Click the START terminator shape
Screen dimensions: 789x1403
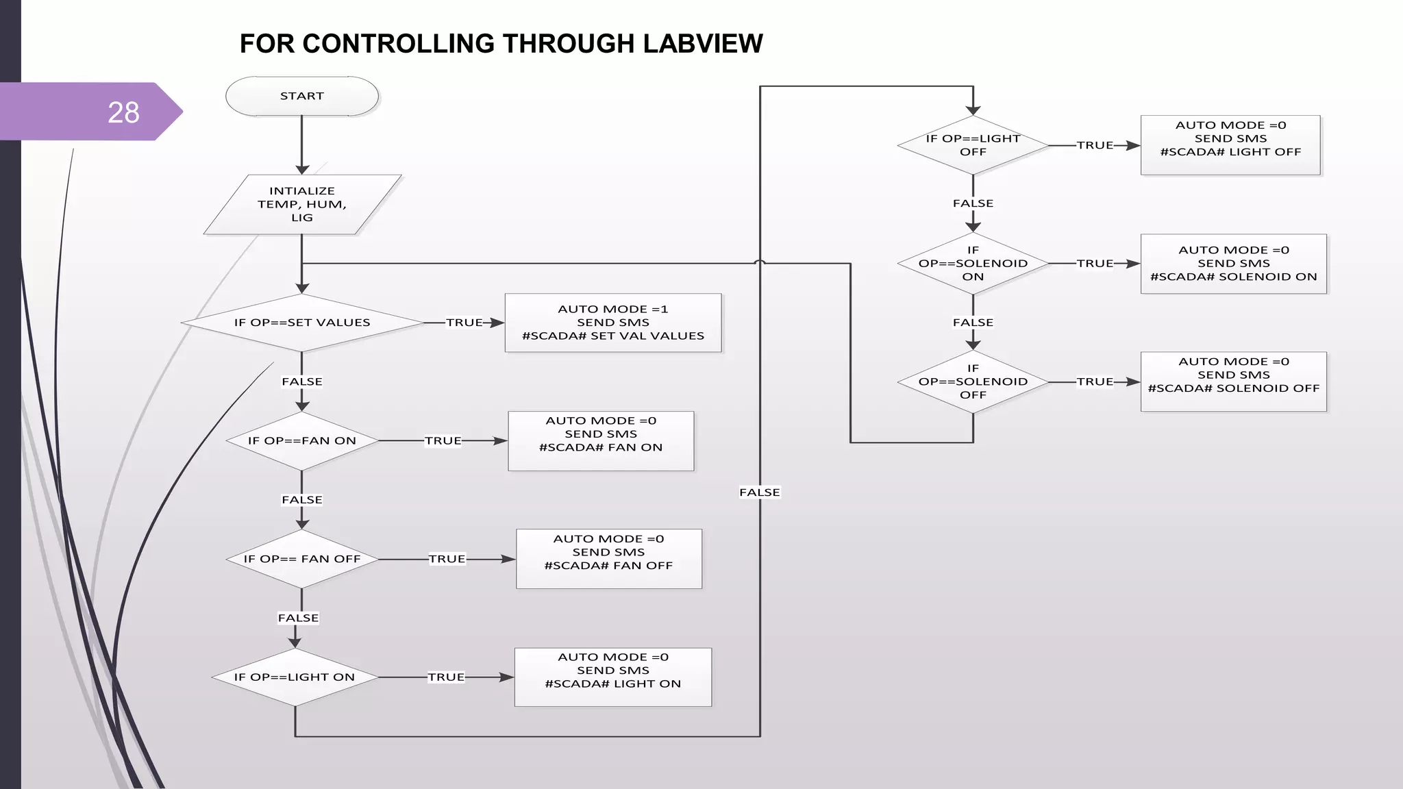click(x=302, y=97)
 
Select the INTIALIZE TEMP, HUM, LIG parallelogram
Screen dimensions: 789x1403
click(x=302, y=205)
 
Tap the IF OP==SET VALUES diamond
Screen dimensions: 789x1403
click(x=302, y=323)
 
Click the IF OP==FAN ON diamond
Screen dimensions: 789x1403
click(x=302, y=441)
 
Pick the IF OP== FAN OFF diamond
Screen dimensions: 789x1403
click(x=302, y=559)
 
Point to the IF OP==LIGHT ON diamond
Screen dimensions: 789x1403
click(x=295, y=677)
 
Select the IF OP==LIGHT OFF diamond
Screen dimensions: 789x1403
click(x=973, y=145)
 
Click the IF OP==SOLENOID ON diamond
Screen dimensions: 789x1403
click(x=973, y=264)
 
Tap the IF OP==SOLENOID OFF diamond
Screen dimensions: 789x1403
click(x=973, y=381)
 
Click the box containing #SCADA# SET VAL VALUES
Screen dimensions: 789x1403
click(x=613, y=323)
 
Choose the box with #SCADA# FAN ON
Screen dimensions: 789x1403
click(x=601, y=441)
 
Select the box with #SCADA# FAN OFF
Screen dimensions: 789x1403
click(x=609, y=559)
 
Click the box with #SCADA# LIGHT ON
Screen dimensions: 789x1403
click(x=613, y=677)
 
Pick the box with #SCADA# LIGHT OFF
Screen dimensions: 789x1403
click(x=1230, y=145)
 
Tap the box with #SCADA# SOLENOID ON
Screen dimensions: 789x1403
click(x=1234, y=264)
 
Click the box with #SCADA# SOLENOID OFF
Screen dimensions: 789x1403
click(x=1234, y=382)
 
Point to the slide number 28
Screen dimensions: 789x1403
click(x=123, y=112)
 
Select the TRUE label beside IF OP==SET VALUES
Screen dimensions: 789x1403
click(x=464, y=323)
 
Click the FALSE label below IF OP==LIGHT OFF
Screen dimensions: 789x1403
click(x=973, y=203)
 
